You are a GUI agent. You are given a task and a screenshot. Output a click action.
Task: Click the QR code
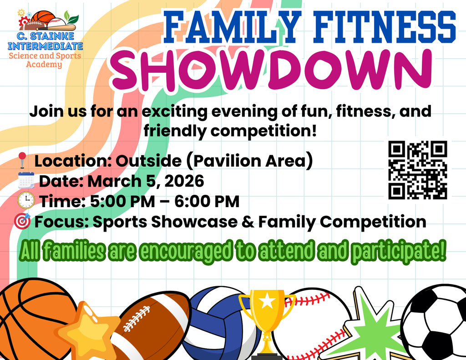(x=418, y=170)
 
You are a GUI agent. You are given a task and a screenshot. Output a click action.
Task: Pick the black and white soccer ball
(x=435, y=323)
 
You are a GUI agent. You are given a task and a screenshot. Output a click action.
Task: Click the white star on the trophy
(x=267, y=300)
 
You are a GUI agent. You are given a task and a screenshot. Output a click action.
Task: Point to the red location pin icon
(x=21, y=161)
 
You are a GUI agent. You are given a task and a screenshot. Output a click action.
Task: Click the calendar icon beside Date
(x=26, y=181)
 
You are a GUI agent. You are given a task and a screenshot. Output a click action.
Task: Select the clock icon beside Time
(x=26, y=201)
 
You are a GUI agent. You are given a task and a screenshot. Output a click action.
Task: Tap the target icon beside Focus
(x=22, y=221)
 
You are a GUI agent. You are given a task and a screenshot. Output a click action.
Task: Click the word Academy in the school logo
(x=44, y=65)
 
